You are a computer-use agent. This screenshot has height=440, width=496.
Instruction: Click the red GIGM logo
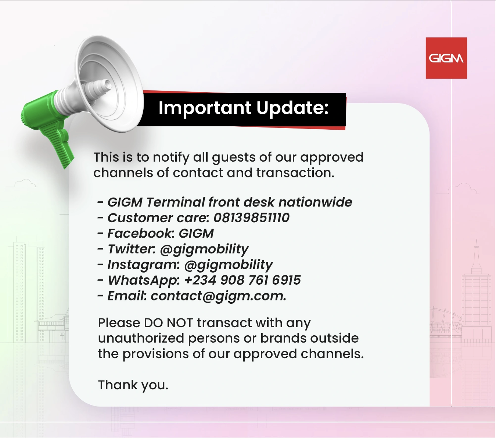[x=446, y=58]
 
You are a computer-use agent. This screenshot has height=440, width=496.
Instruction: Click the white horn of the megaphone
[x=110, y=83]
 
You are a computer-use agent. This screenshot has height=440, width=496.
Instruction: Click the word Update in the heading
[x=292, y=108]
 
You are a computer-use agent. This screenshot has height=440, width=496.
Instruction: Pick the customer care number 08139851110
[x=251, y=218]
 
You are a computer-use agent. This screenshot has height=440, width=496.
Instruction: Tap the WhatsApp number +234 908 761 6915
[x=242, y=280]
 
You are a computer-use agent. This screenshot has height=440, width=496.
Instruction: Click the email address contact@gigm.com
[x=218, y=296]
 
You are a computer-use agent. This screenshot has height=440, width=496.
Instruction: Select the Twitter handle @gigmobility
[x=204, y=249]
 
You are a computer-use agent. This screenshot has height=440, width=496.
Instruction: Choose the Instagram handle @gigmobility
[x=228, y=265]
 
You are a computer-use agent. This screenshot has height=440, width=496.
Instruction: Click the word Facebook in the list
[x=140, y=234]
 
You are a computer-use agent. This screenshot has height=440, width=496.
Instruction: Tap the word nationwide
[x=315, y=202]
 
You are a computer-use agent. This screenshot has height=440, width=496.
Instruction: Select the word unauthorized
[x=141, y=338]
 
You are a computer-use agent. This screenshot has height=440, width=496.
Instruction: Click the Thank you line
[x=133, y=385]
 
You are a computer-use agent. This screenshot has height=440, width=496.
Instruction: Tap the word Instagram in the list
[x=143, y=265]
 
